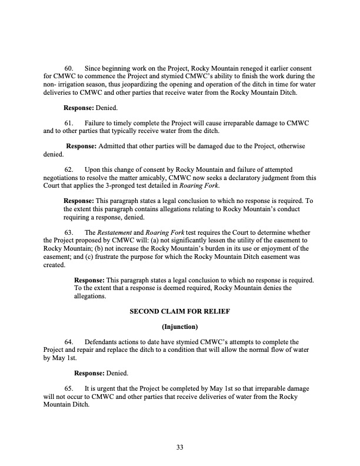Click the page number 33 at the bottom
point(180,448)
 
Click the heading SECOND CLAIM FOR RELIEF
point(180,321)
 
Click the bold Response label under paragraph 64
point(89,374)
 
